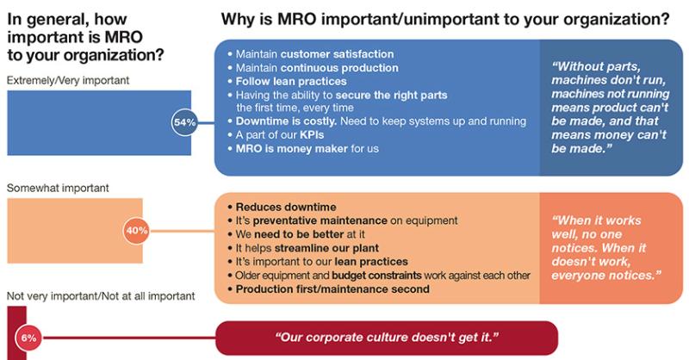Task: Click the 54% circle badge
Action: (184, 122)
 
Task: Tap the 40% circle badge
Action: (137, 230)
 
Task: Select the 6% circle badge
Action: (28, 338)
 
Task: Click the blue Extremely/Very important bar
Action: (99, 122)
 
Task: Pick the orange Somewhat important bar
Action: (75, 231)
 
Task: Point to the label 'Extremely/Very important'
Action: (68, 80)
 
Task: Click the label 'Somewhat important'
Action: (58, 188)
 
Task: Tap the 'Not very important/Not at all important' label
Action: (101, 295)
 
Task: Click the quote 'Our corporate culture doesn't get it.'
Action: (387, 338)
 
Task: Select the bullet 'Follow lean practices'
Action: (288, 81)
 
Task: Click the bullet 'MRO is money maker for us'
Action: (303, 149)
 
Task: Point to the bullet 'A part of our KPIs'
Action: (276, 135)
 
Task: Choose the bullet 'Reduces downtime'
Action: (282, 207)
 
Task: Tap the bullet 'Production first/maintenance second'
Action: (329, 289)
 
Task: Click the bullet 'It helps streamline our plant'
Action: (303, 248)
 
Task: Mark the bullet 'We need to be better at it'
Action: (296, 234)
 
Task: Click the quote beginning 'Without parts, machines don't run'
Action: (611, 108)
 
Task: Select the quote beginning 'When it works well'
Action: (606, 248)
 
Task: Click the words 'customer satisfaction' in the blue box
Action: (337, 54)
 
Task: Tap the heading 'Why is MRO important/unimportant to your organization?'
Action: (445, 19)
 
